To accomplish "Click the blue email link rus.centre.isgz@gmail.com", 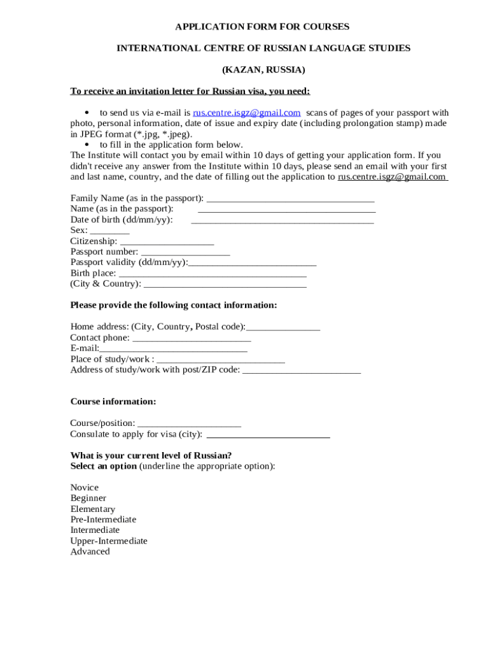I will (x=246, y=113).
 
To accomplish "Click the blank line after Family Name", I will (x=290, y=199).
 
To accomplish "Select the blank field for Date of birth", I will (x=282, y=221).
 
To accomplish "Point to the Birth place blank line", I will (x=213, y=274).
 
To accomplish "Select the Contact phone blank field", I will (x=192, y=339).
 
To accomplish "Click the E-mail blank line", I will (x=173, y=350).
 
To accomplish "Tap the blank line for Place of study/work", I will (x=220, y=360).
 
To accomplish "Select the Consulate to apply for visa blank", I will (x=268, y=436).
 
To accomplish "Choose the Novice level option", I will (x=85, y=488).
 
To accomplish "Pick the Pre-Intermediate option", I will (x=103, y=520).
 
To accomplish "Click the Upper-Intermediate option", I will (x=109, y=541).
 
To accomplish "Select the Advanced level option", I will (x=90, y=552).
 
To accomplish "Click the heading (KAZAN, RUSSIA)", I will (x=263, y=69).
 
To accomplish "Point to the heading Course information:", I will (x=113, y=402).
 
